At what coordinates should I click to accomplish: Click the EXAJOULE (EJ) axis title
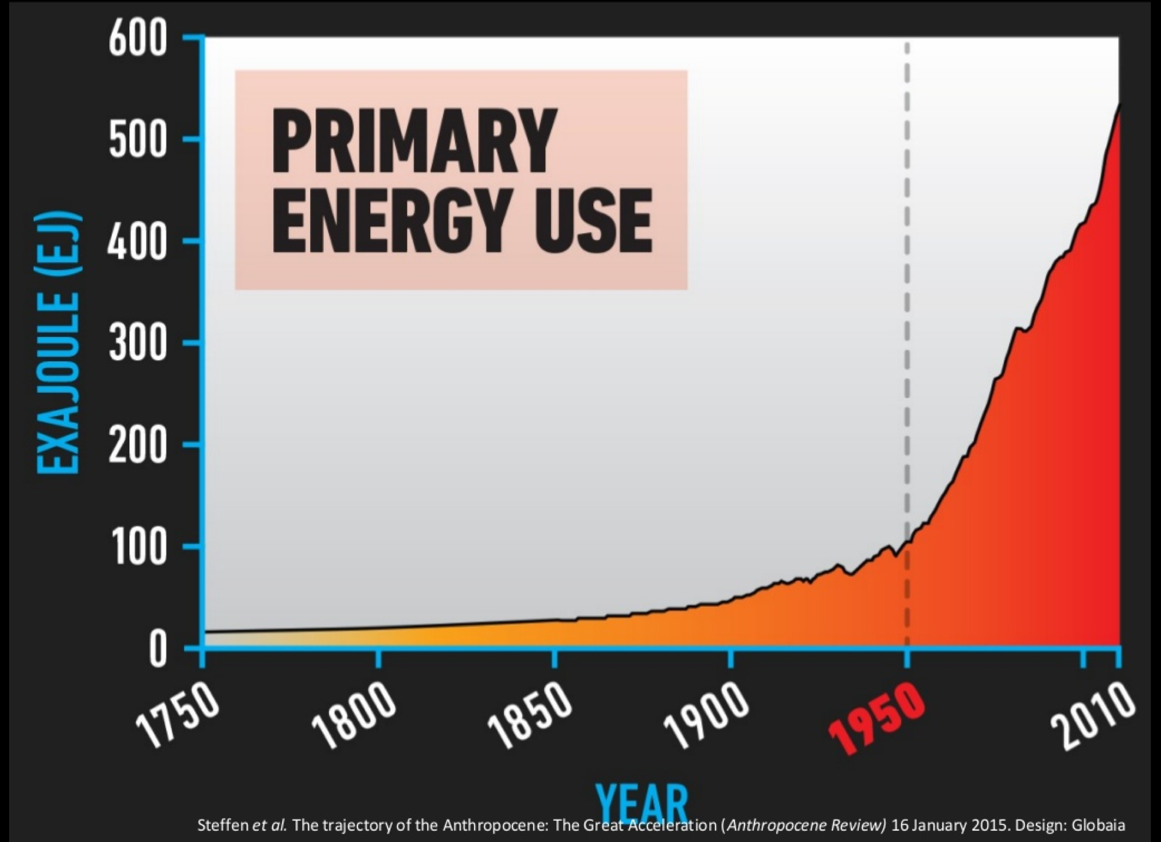[x=58, y=342]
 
